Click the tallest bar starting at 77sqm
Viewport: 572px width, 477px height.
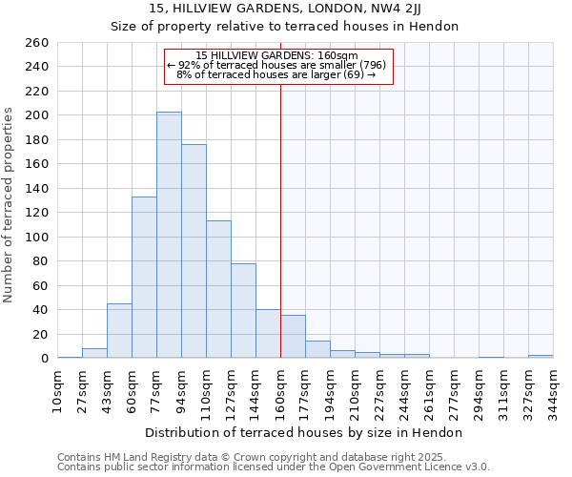point(169,235)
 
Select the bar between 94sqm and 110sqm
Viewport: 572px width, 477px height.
point(194,251)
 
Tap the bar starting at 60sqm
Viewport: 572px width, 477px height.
point(144,277)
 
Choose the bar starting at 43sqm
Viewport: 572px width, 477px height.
point(119,330)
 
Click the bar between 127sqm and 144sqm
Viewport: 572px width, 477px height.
point(243,310)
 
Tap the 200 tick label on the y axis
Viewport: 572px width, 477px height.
point(37,115)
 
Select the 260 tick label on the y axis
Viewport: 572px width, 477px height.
point(37,43)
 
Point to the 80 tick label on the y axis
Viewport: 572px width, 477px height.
point(41,261)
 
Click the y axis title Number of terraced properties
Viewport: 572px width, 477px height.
point(10,204)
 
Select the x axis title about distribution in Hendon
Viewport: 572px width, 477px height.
point(304,432)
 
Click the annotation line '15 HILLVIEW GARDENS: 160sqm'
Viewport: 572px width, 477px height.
point(276,55)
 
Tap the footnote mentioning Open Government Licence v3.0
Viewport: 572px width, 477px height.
point(274,467)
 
